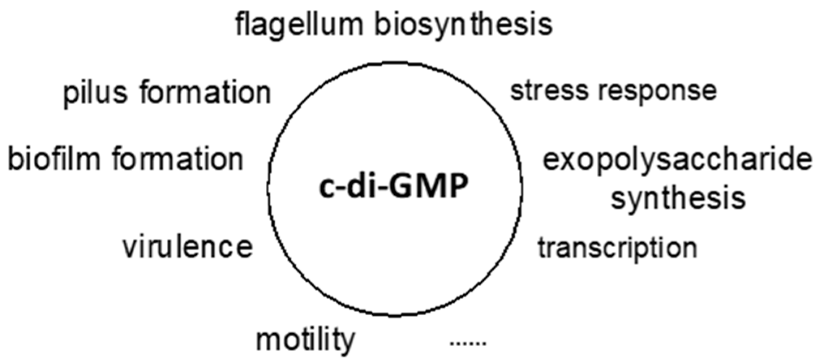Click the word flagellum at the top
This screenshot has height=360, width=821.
[299, 25]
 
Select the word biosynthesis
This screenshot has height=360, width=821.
[463, 25]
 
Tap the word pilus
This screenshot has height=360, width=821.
[95, 93]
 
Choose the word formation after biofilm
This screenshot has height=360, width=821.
[178, 159]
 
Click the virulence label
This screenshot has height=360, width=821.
[187, 247]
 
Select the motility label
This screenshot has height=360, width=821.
[305, 340]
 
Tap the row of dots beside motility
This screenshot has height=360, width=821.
[468, 343]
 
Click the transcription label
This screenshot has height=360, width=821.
[617, 248]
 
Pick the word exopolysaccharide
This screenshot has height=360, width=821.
[677, 160]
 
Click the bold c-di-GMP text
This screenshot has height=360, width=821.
[393, 187]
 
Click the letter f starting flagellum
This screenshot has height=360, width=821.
[240, 24]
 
